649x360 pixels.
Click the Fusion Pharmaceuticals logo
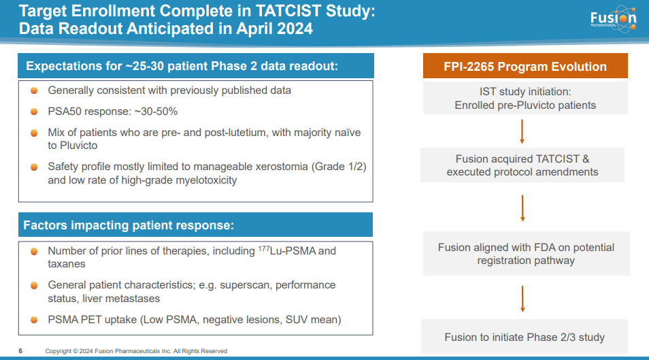point(613,21)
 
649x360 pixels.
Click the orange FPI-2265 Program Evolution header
point(525,67)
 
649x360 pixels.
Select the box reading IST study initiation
point(525,98)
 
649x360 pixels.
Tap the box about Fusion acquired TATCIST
point(522,165)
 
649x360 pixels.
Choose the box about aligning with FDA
point(525,254)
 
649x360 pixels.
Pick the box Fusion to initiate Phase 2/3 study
point(525,337)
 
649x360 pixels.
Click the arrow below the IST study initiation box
point(522,131)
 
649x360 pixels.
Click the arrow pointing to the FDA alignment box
point(522,209)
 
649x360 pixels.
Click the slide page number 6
point(20,351)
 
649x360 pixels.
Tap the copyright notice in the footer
point(136,351)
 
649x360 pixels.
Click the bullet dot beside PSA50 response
point(34,111)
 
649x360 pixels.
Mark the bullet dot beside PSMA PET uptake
point(34,318)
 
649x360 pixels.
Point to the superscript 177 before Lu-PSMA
point(265,248)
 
